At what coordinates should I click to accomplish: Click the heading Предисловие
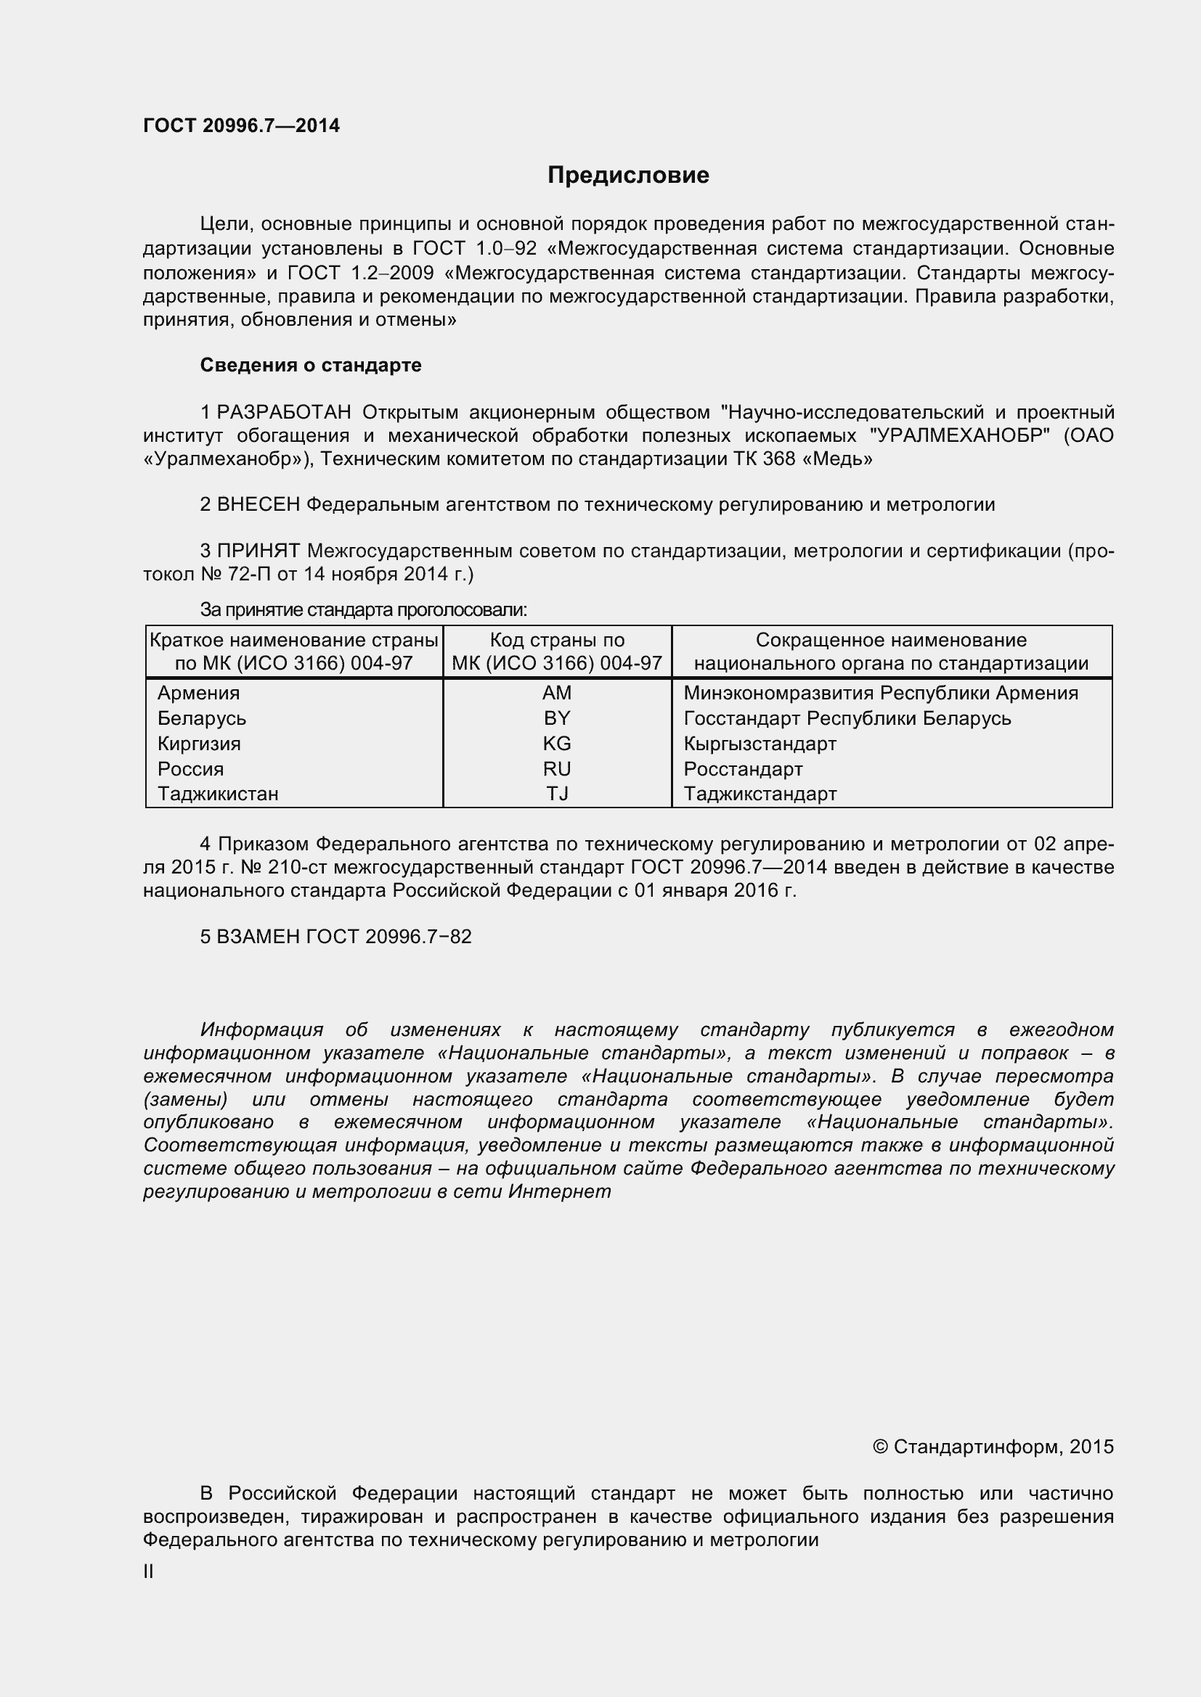pyautogui.click(x=628, y=175)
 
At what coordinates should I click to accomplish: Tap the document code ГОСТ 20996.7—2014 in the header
pyautogui.click(x=241, y=126)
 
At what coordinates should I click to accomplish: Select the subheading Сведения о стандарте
pyautogui.click(x=311, y=365)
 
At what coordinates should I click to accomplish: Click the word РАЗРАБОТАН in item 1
pyautogui.click(x=284, y=411)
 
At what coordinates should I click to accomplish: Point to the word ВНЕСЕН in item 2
pyautogui.click(x=258, y=505)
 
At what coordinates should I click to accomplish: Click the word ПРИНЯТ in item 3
pyautogui.click(x=258, y=551)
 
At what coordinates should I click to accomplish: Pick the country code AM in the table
pyautogui.click(x=557, y=694)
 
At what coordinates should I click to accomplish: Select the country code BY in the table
pyautogui.click(x=557, y=718)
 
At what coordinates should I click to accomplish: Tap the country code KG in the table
pyautogui.click(x=557, y=744)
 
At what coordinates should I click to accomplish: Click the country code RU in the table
pyautogui.click(x=557, y=768)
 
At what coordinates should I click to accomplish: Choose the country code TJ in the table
pyautogui.click(x=557, y=794)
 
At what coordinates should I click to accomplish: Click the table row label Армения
pyautogui.click(x=198, y=694)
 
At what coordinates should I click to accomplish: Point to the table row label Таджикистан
pyautogui.click(x=217, y=794)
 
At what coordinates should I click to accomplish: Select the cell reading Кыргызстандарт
pyautogui.click(x=760, y=744)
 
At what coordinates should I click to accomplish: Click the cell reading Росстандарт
pyautogui.click(x=743, y=768)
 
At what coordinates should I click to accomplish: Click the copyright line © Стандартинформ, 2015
pyautogui.click(x=993, y=1447)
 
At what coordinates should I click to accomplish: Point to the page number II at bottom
pyautogui.click(x=148, y=1572)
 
